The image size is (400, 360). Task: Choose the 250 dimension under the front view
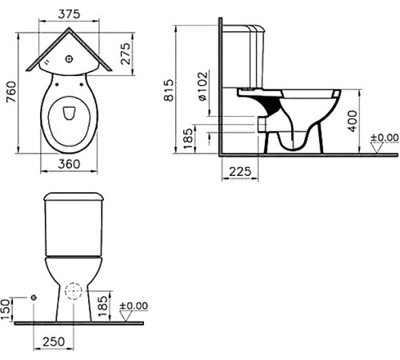point(53,342)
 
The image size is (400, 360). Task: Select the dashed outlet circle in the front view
point(74,295)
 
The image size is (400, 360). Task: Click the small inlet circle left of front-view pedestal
point(34,297)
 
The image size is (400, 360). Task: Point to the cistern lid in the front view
point(74,198)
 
